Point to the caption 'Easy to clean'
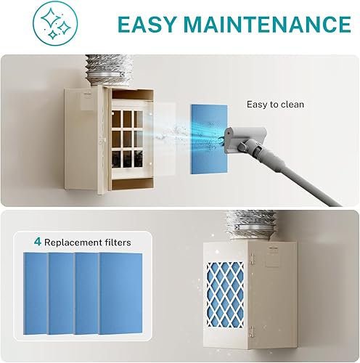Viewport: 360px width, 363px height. click(276, 105)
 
